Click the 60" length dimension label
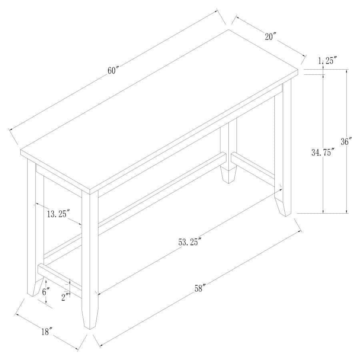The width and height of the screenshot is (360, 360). click(114, 70)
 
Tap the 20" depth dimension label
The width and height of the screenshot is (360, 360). click(270, 36)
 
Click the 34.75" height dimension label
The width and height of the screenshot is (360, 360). click(323, 152)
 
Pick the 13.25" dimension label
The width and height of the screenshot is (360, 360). click(59, 214)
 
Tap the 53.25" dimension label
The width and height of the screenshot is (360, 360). click(189, 242)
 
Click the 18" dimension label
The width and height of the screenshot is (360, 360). click(47, 331)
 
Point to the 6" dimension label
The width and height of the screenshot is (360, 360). click(45, 292)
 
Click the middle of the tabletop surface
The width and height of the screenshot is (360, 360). click(160, 108)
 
